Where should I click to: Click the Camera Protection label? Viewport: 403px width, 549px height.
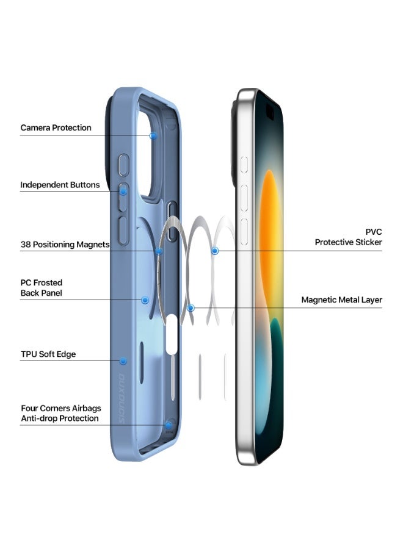pos(56,127)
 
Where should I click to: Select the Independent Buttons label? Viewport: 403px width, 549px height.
pos(60,185)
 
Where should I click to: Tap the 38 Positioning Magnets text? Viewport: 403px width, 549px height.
pos(65,245)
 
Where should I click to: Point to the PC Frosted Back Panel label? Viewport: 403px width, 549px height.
pos(42,288)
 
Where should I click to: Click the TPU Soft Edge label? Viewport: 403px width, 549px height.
pos(48,354)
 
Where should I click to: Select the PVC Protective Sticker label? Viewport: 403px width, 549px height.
pos(348,237)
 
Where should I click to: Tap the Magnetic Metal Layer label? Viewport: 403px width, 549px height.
pos(341,300)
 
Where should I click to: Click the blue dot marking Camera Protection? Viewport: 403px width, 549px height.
pos(153,135)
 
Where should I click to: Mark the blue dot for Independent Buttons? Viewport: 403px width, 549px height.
pos(123,191)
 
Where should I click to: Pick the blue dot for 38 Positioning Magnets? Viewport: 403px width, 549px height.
pos(159,251)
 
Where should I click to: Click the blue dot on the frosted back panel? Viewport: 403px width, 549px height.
pos(145,300)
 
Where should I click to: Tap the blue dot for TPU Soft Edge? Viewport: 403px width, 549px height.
pos(123,361)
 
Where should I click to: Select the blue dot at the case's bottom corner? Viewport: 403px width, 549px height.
pos(167,425)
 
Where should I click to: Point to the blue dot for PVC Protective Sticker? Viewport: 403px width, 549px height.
pos(214,251)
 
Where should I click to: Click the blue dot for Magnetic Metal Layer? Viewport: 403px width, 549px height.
pos(191,308)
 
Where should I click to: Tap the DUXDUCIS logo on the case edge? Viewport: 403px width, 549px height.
pos(121,399)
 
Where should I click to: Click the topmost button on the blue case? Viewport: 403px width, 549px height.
pos(123,165)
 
